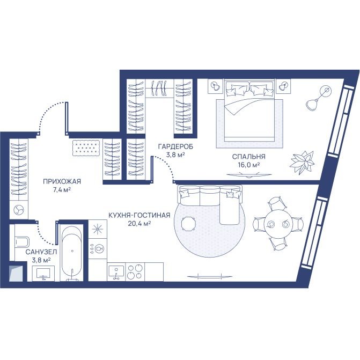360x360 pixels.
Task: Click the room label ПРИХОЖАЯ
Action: point(62,181)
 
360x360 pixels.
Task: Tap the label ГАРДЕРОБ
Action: point(175,146)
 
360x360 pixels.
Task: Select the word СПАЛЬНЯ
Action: point(248,157)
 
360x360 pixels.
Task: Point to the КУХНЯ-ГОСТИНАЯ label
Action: point(139,215)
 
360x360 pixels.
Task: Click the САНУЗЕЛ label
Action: point(41,252)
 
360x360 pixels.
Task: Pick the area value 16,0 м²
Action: point(249,165)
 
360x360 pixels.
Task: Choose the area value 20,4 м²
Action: point(139,223)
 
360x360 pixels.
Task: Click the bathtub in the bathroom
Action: point(72,253)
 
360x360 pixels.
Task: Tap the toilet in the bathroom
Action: point(22,242)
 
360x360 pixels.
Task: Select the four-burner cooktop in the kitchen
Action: point(135,272)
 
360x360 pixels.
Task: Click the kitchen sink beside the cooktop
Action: point(116,273)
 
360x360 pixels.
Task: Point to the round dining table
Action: point(278,224)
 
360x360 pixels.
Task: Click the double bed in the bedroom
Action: point(249,110)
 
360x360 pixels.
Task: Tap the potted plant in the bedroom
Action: point(302,162)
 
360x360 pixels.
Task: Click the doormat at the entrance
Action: point(86,148)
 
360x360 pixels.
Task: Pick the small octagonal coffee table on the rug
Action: point(189,224)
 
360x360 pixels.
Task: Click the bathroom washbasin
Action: point(43,273)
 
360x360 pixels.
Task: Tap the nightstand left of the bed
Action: point(215,86)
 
